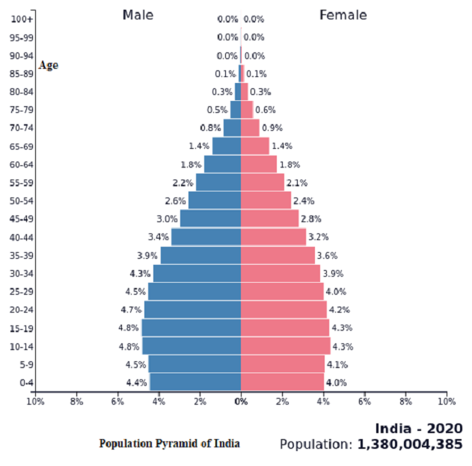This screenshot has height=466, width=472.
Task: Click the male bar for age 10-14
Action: tap(191, 346)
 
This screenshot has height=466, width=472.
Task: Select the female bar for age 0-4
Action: tap(282, 382)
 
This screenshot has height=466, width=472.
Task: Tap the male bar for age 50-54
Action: tap(215, 200)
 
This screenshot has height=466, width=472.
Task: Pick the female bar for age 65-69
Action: tap(254, 146)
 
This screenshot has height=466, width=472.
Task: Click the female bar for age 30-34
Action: tap(280, 273)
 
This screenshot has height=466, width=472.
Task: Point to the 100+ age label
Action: tap(22, 19)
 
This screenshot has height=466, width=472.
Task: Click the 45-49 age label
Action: tap(21, 219)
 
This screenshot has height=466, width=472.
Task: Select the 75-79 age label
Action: tap(21, 110)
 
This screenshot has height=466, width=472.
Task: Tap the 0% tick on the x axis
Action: tap(241, 402)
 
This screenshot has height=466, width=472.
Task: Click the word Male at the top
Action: tap(138, 15)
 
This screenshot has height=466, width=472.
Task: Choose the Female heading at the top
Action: tap(343, 15)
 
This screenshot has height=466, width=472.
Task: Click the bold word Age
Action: tap(48, 65)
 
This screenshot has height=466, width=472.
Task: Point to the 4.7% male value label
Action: tap(131, 310)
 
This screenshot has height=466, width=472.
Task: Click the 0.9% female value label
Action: tap(272, 128)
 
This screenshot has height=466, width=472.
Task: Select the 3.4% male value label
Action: tap(158, 237)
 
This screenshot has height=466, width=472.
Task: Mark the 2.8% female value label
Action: tap(310, 219)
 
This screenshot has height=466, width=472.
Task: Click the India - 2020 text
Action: tap(419, 429)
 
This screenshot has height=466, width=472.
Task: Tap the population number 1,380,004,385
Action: tap(410, 444)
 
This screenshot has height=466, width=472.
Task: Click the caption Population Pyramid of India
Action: tap(170, 444)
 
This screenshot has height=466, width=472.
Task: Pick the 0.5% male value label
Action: tap(217, 110)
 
